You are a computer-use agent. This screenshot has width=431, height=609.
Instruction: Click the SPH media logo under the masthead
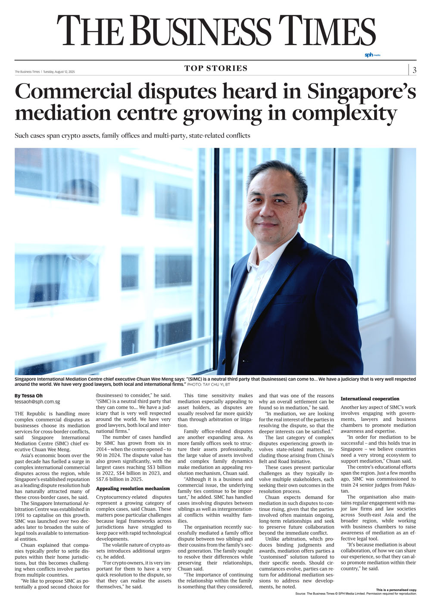pos(372,55)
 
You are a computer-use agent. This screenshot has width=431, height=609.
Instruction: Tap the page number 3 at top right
pos(414,70)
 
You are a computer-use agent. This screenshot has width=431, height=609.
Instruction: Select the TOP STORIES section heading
pos(216,68)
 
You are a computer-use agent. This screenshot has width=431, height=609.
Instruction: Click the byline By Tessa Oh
pos(28,395)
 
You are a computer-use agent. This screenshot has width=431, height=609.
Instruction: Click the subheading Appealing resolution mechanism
pos(133,488)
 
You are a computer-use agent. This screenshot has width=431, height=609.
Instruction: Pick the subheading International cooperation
pos(370,399)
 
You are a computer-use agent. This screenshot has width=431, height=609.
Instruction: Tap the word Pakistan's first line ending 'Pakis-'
pos(409,485)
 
